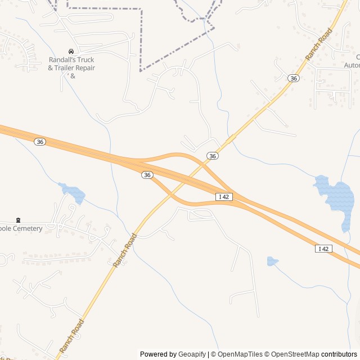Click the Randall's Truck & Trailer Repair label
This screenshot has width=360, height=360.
point(71,64)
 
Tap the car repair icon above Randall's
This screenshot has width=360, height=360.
point(71,51)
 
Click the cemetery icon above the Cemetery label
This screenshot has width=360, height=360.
point(18,220)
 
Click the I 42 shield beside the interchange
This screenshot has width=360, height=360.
point(224,196)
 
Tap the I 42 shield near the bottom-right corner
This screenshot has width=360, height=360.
point(323,249)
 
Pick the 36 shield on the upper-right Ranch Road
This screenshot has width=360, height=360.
point(293,78)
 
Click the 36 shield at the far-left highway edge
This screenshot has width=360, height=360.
point(39,142)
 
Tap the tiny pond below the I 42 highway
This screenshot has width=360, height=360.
point(272,261)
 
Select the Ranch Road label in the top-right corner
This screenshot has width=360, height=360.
point(319,47)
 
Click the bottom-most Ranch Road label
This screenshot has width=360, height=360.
point(71,335)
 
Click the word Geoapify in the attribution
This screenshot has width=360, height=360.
point(192,354)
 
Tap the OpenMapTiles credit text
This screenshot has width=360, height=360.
point(240,354)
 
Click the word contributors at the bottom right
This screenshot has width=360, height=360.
point(339,354)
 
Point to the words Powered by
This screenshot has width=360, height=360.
point(158,354)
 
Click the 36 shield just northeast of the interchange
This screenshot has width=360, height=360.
point(212,156)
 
